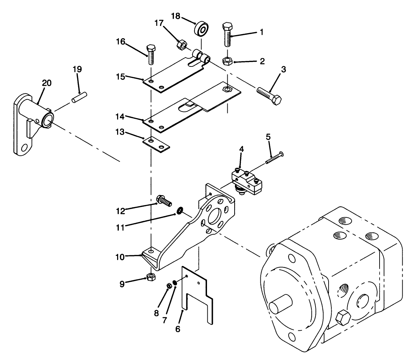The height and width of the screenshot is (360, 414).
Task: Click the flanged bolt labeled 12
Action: coord(164,200)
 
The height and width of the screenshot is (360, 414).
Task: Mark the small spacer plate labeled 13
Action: coord(157,144)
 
